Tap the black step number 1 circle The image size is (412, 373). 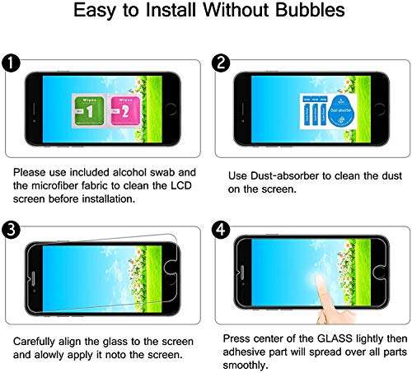click(10, 63)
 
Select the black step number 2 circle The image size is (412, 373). click(221, 63)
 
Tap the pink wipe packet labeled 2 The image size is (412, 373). click(123, 108)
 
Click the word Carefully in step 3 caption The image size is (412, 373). click(35, 338)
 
